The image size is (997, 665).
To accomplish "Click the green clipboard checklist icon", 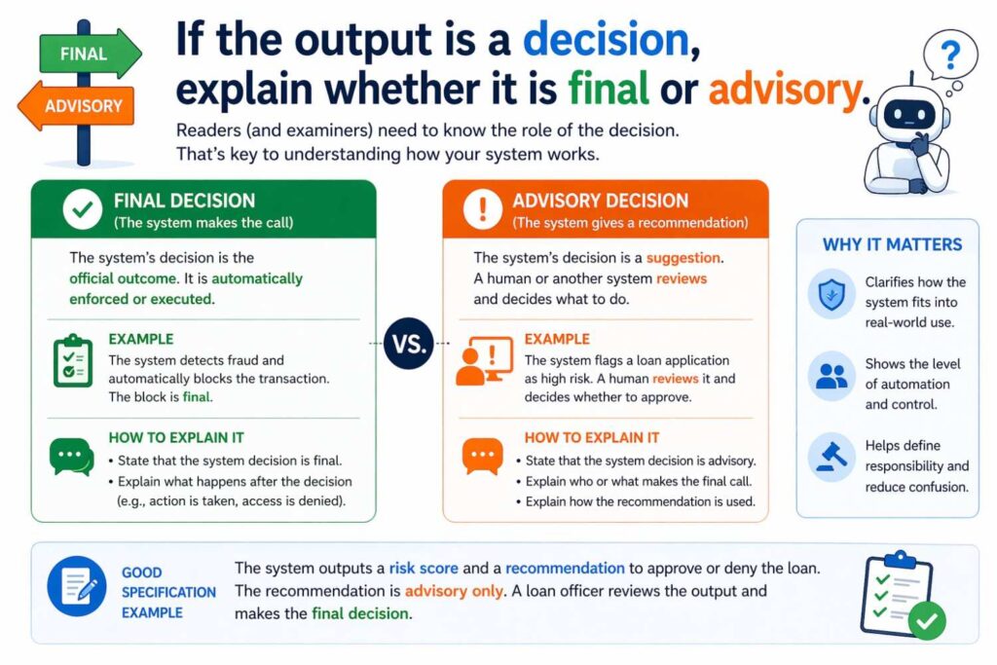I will click(x=71, y=361).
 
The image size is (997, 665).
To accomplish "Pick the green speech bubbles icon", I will click(x=71, y=457).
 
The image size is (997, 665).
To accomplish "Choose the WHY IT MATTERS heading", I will click(x=892, y=244).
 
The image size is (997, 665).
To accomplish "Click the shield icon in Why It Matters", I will click(x=831, y=293).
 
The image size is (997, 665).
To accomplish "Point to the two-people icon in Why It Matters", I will click(x=831, y=376).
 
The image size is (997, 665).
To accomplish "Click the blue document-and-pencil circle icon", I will click(x=77, y=585).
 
